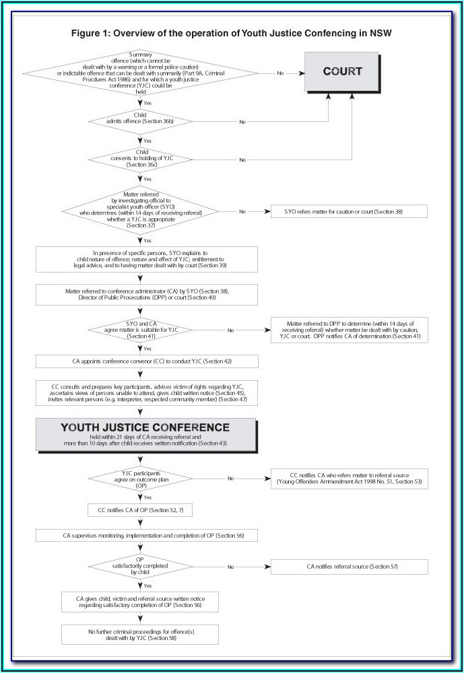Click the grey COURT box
point(342,71)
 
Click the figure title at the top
point(232,32)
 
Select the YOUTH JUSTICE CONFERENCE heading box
point(145,434)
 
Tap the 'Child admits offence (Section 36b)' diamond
point(141,121)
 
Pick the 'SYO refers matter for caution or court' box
point(349,211)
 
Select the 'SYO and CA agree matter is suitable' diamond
point(141,330)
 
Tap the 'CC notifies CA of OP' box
point(141,510)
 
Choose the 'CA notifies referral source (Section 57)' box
point(349,567)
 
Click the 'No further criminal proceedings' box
point(140,634)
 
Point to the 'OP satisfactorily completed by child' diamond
point(141,567)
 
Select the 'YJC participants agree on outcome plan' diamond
point(141,479)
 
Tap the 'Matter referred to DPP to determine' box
point(349,330)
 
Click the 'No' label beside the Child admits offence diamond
point(242,122)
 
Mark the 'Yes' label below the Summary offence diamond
point(147,103)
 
